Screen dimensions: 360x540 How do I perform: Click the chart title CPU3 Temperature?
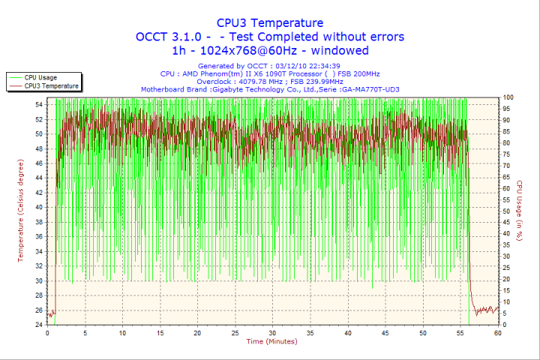pyautogui.click(x=270, y=22)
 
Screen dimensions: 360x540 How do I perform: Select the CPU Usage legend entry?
pyautogui.click(x=40, y=77)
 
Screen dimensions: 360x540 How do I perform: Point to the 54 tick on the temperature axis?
pyautogui.click(x=39, y=104)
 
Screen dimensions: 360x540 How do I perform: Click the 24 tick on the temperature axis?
pyautogui.click(x=39, y=325)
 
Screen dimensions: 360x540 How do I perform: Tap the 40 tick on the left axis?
pyautogui.click(x=39, y=207)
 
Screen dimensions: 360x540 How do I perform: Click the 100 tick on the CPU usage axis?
pyautogui.click(x=508, y=97)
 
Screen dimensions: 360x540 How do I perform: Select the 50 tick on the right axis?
pyautogui.click(x=507, y=211)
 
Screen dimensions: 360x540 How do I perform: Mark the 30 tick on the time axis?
pyautogui.click(x=272, y=333)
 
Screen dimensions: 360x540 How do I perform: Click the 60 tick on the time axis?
pyautogui.click(x=497, y=333)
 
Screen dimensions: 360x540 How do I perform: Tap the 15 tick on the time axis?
pyautogui.click(x=160, y=333)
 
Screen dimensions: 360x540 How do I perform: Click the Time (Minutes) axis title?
pyautogui.click(x=272, y=342)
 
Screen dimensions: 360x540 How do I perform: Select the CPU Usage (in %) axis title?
pyautogui.click(x=518, y=211)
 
